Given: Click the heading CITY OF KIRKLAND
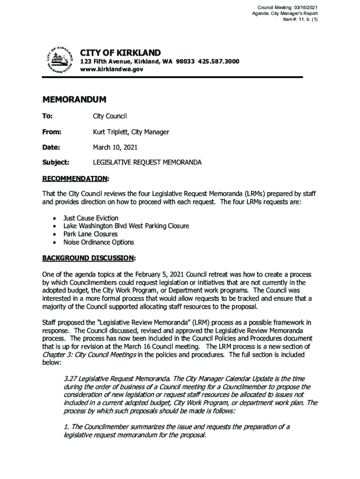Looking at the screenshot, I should click(x=120, y=53).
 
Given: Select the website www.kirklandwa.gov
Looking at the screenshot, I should click(x=112, y=69).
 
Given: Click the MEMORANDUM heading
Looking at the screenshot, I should click(x=74, y=100).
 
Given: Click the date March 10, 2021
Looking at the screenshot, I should click(x=115, y=147).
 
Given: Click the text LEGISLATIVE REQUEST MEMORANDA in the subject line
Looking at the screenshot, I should click(x=147, y=162).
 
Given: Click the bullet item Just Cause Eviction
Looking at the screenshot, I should click(x=91, y=218).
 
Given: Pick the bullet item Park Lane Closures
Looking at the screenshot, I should click(x=90, y=234).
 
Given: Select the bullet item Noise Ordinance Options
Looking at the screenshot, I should click(x=98, y=242).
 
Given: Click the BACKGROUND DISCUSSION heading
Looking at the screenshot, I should click(x=88, y=258).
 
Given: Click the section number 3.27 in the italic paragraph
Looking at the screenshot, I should click(x=70, y=378).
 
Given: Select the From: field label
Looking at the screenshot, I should click(x=52, y=132).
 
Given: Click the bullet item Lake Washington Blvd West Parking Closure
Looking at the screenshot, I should click(x=126, y=226).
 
